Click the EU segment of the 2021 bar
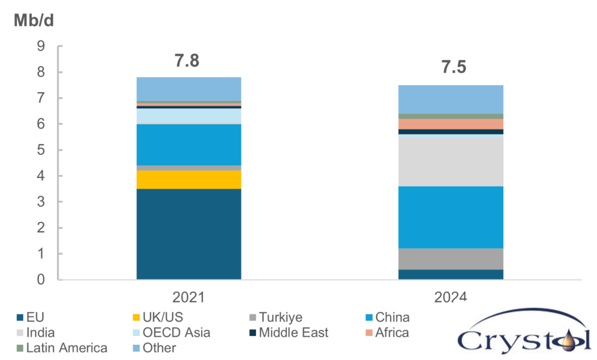coord(188,234)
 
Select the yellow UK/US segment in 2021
coord(188,180)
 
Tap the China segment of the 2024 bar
coord(451,217)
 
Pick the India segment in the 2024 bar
coord(451,160)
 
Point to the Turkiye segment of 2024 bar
coord(451,258)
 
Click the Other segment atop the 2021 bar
coord(188,89)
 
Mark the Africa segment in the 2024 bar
coord(451,124)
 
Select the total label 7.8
coord(188,61)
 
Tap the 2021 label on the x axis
coord(188,296)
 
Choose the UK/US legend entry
coord(159,318)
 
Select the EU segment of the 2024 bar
coord(451,274)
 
